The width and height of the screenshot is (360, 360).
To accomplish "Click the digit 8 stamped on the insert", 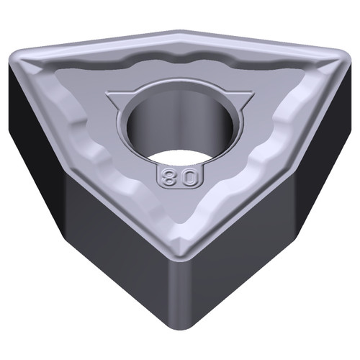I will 171,176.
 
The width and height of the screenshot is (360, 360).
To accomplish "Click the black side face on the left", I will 29,122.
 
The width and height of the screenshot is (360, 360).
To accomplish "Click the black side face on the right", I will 328,122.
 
